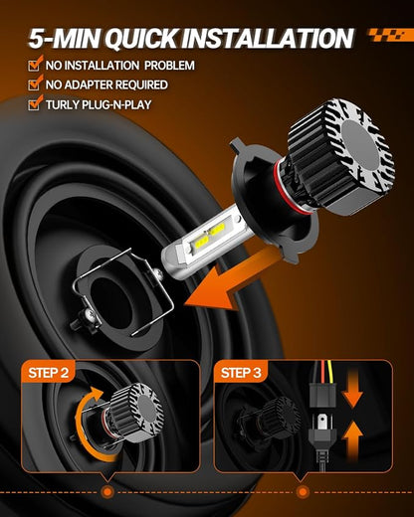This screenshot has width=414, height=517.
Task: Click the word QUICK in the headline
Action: (x=142, y=39)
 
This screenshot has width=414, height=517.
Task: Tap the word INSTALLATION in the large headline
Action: (x=268, y=39)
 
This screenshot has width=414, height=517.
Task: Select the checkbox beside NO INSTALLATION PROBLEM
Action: (x=36, y=63)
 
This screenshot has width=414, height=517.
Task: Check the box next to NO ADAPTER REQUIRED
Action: (x=36, y=83)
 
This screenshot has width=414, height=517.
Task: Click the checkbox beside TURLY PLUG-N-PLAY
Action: (x=36, y=102)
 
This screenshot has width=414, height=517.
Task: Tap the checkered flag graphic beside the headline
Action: (x=391, y=35)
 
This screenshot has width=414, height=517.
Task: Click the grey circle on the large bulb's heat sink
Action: (x=361, y=143)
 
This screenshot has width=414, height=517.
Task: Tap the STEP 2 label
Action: (x=49, y=373)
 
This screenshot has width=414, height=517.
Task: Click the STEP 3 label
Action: (x=241, y=373)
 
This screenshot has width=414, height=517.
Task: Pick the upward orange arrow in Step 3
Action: (x=352, y=440)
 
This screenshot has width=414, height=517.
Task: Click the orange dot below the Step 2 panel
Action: (x=106, y=492)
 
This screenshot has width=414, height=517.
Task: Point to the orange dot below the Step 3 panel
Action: (x=303, y=492)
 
